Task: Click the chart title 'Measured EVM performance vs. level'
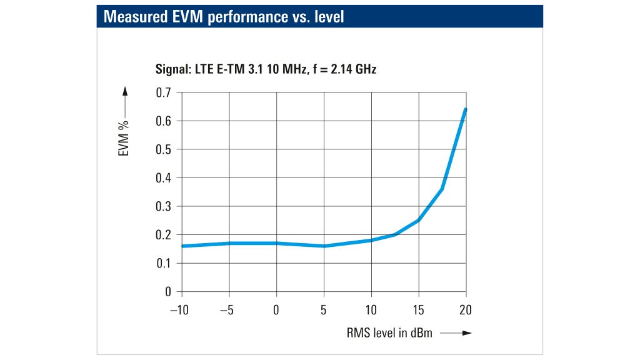(224, 17)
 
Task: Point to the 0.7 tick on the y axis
(164, 92)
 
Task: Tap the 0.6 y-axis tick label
(164, 121)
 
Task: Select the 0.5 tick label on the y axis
(164, 149)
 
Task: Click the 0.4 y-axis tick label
(164, 177)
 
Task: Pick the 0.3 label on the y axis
(164, 206)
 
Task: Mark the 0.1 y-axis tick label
(164, 263)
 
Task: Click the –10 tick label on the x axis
(179, 311)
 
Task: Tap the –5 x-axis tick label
(228, 311)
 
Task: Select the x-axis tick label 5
(324, 311)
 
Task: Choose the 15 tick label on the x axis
(418, 311)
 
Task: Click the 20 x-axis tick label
(466, 311)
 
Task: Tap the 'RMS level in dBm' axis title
(389, 332)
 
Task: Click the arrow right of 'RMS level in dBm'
(456, 333)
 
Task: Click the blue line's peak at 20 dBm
(466, 109)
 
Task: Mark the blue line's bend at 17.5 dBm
(442, 189)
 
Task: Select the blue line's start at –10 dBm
(182, 246)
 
